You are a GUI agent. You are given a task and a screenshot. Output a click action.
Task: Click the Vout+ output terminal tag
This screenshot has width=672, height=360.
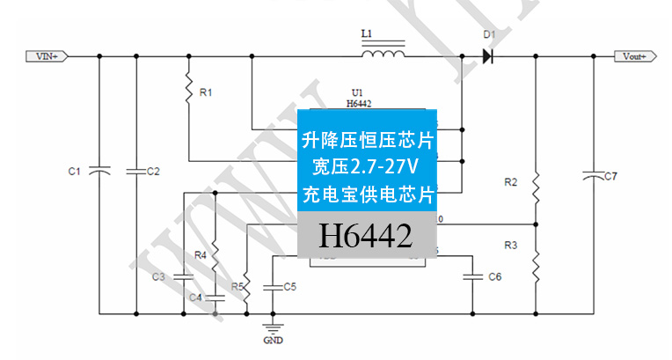[634, 56]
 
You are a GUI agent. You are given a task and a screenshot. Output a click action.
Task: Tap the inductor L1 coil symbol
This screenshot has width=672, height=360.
[384, 55]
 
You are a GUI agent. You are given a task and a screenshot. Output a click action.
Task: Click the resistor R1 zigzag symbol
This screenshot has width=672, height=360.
[188, 89]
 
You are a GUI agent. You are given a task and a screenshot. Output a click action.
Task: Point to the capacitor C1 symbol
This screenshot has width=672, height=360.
[99, 170]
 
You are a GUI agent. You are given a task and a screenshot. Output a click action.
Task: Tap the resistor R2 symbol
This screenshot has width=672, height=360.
[536, 187]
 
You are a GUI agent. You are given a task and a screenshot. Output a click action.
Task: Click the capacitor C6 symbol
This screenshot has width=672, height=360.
[473, 277]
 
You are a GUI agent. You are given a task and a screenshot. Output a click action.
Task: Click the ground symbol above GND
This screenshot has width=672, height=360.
[274, 327]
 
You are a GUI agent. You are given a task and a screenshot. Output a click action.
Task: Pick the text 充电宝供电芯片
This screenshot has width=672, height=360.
[367, 191]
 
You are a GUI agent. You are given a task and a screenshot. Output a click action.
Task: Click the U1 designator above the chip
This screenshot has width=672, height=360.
[357, 92]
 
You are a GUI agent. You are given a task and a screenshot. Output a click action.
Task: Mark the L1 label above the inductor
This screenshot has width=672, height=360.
[367, 34]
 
